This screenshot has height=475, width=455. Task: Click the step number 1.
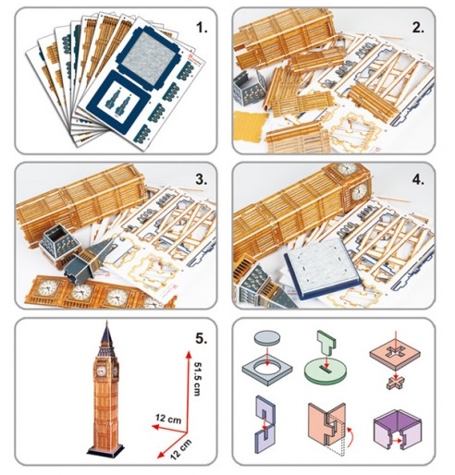pos(202,28)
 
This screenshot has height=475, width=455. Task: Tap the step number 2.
pos(418,28)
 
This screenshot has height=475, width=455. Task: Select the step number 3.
pos(202,179)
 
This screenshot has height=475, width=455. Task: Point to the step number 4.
pos(418,179)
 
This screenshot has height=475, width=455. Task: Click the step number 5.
pos(202,338)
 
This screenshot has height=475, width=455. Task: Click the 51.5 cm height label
pos(198,378)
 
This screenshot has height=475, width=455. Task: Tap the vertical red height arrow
pos(187,392)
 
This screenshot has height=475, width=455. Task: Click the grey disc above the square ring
pos(267,337)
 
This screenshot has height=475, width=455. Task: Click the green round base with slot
pos(325,372)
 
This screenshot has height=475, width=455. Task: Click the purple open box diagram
pos(397,429)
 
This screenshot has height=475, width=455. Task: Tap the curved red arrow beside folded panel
pos(350,436)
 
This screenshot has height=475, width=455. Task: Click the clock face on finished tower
pos(101,371)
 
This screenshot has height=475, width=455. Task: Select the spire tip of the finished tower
pos(107,322)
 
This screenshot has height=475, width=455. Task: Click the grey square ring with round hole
pos(267,370)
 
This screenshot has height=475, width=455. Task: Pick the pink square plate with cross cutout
pos(395,356)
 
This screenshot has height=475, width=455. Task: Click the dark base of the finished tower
pos(105,451)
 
